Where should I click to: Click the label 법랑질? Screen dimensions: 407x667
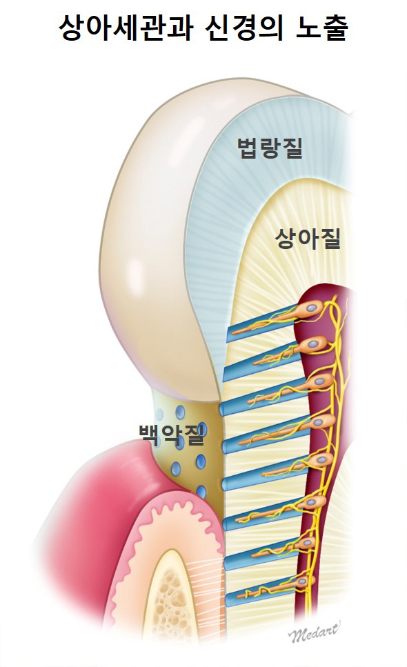(x=270, y=148)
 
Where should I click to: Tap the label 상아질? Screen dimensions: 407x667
(x=308, y=238)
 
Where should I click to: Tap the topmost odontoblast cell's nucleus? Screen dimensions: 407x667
(x=313, y=306)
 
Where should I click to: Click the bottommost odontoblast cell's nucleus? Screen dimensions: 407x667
(x=302, y=581)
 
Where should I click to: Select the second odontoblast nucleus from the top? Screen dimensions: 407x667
(x=317, y=341)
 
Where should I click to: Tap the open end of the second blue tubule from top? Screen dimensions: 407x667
(x=227, y=373)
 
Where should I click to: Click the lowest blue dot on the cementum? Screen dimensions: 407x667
(x=201, y=492)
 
